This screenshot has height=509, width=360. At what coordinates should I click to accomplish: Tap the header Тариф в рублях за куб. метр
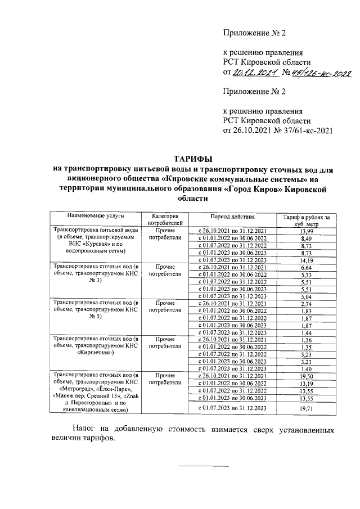[307, 219]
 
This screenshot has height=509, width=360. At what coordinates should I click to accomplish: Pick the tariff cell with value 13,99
[306, 231]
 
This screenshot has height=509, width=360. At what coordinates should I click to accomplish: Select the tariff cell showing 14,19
[306, 260]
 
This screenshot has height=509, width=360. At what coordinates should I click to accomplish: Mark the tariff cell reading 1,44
[306, 332]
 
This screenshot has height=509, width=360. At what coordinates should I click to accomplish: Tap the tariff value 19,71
[306, 408]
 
